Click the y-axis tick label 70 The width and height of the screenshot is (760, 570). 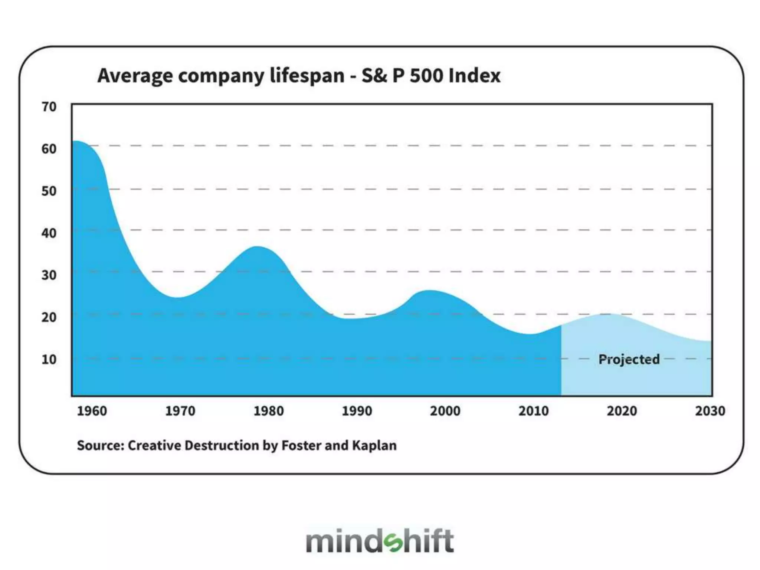49,107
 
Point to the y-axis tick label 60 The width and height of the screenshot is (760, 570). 49,149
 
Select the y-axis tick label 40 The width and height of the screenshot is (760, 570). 49,233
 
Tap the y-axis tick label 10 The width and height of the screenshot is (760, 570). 49,359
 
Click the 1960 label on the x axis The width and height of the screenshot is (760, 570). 92,411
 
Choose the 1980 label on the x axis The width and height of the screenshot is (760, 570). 268,411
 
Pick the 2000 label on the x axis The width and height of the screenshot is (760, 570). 445,411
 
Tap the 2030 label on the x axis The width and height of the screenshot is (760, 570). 710,411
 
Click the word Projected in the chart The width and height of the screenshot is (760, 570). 629,359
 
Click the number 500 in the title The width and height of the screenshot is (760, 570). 426,76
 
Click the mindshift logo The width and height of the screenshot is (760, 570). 380,541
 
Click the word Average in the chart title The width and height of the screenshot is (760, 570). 135,76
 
